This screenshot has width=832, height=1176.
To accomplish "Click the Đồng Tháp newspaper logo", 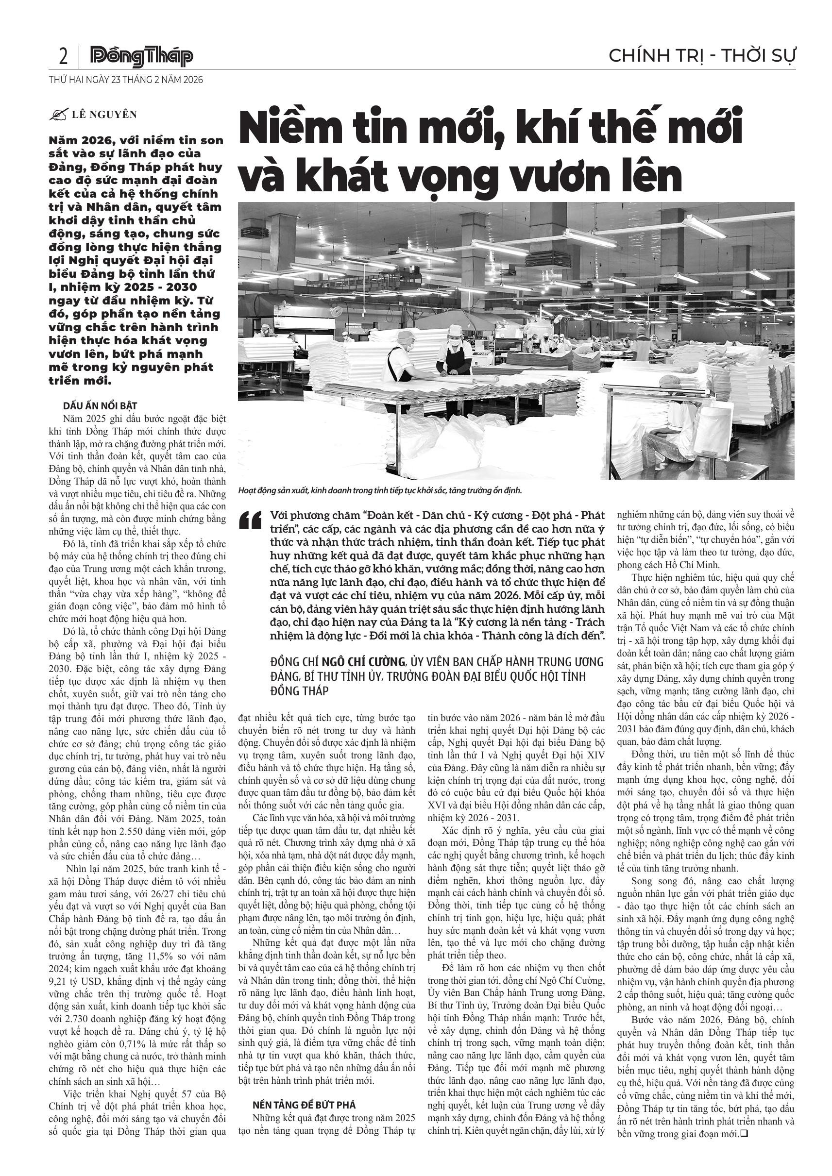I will pos(141,57).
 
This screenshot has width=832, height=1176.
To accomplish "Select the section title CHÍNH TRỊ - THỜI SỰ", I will pos(702,55).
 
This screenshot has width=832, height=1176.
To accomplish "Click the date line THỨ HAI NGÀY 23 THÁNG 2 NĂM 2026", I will pos(126,80).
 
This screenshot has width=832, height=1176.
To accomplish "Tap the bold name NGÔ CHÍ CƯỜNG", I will pos(367,662).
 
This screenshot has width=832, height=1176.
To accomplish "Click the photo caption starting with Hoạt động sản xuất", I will pos(380,491).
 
